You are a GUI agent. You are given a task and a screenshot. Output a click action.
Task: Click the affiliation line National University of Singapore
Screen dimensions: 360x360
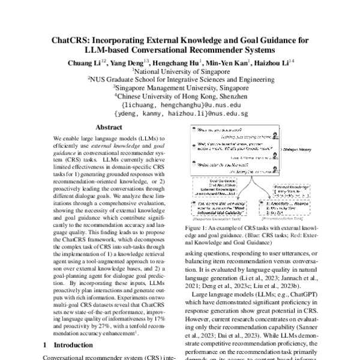(x=181, y=70)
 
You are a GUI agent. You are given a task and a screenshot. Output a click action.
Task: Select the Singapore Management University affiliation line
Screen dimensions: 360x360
(x=181, y=87)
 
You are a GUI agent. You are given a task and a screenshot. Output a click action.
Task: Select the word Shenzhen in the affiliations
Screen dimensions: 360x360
(x=230, y=95)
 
